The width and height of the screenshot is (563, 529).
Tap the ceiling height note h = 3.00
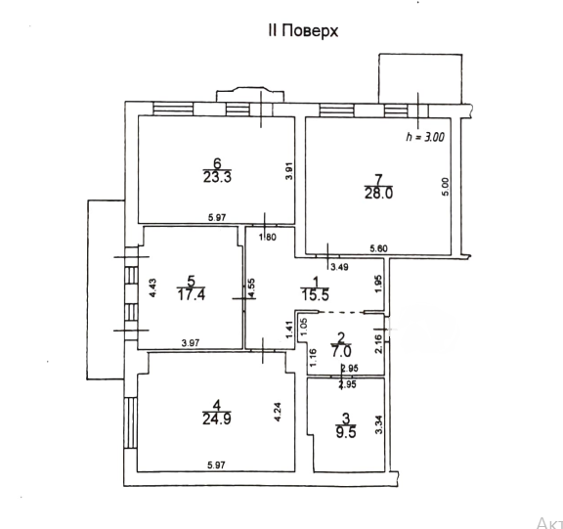[x=424, y=138]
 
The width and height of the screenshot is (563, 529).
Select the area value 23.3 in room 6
[x=217, y=178]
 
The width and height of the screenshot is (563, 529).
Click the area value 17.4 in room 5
[x=192, y=293]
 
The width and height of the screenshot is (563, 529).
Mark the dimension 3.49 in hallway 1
[x=339, y=266]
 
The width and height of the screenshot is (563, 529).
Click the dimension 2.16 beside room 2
[x=379, y=345]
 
